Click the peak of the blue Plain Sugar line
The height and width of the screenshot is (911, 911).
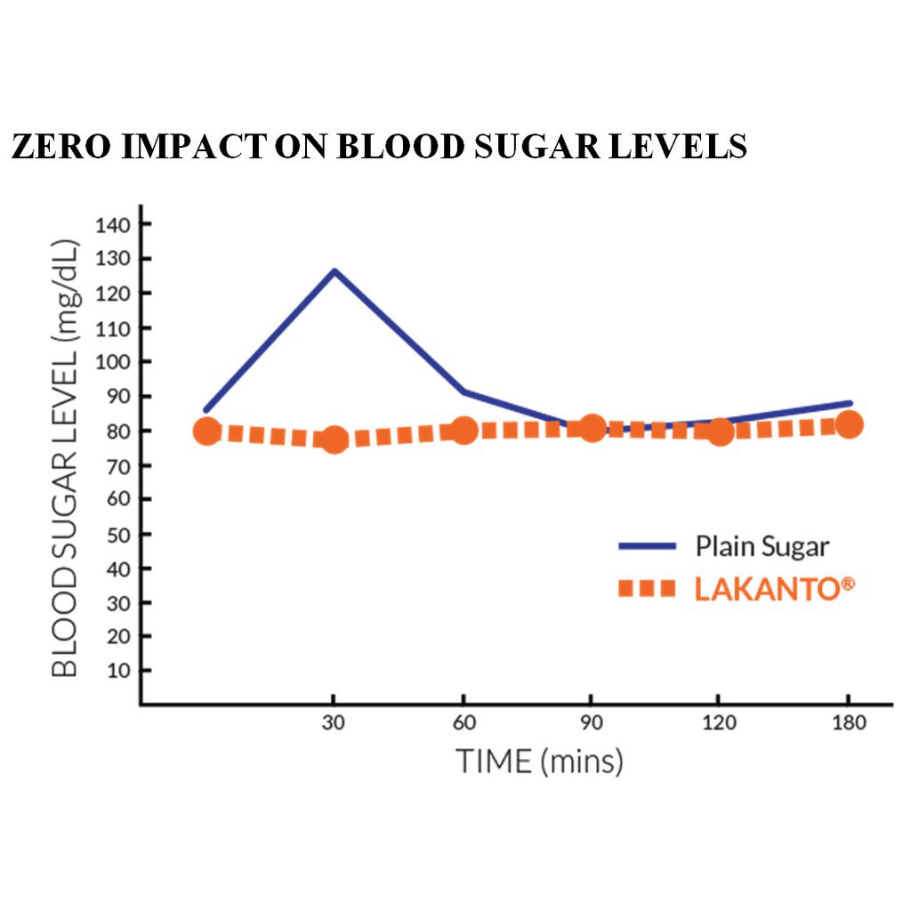click(335, 270)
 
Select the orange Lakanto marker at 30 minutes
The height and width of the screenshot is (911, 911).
click(335, 439)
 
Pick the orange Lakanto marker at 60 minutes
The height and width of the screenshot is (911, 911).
click(464, 431)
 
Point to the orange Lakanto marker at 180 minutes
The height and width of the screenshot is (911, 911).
click(850, 424)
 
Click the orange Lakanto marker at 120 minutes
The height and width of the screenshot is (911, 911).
click(720, 432)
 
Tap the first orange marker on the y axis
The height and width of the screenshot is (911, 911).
click(207, 431)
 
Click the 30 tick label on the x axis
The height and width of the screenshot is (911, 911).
click(334, 722)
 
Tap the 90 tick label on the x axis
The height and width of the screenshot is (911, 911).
click(592, 722)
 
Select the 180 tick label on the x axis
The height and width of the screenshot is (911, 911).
click(849, 722)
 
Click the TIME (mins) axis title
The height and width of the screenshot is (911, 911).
click(539, 762)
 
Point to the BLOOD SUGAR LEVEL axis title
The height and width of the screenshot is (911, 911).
click(65, 459)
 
